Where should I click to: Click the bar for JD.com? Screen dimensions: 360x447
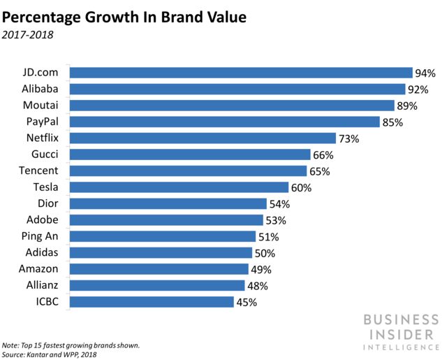click(x=241, y=73)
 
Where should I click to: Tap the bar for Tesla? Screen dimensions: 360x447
click(x=179, y=187)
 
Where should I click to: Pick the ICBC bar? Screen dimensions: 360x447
click(x=152, y=302)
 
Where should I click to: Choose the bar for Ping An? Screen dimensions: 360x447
click(x=163, y=236)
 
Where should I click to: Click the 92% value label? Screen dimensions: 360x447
click(x=420, y=89)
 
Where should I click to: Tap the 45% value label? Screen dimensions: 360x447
click(x=247, y=302)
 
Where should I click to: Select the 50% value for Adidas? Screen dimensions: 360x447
click(x=265, y=253)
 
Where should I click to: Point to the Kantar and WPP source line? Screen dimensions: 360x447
click(x=51, y=354)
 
